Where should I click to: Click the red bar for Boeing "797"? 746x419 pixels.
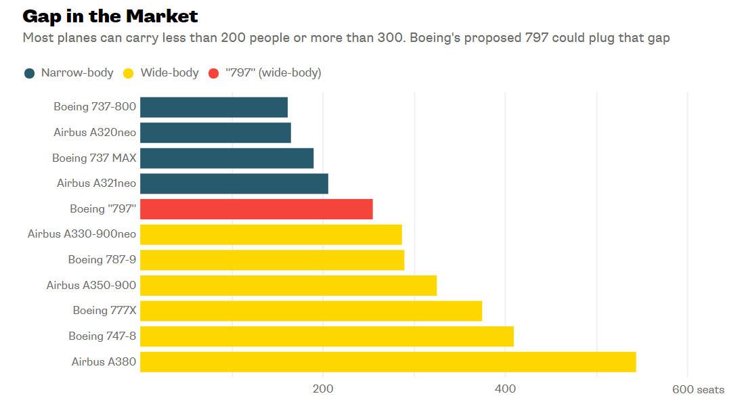tap(256, 209)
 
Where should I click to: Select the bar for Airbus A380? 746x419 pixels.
tap(388, 361)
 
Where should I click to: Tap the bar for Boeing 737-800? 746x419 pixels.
tap(214, 107)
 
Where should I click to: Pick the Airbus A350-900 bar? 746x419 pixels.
tap(288, 285)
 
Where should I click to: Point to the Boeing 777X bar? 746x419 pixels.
tap(311, 311)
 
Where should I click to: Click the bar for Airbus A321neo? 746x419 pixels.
tap(234, 183)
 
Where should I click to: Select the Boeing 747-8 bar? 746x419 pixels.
tap(327, 336)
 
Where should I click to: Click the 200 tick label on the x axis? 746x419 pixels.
tap(323, 389)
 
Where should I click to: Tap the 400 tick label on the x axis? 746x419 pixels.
tap(505, 389)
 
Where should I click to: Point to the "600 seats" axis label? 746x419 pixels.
tap(698, 389)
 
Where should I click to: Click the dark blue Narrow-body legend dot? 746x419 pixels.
tap(29, 73)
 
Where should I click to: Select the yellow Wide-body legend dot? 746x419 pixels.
tap(129, 73)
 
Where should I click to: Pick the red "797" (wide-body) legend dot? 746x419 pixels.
tap(214, 73)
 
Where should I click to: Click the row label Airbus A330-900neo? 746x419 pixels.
tap(82, 234)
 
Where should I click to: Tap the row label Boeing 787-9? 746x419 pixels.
tap(102, 260)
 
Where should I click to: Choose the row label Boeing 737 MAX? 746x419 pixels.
tap(94, 158)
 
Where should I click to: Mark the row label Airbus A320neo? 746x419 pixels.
tap(95, 133)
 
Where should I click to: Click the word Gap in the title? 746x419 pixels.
tap(40, 16)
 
